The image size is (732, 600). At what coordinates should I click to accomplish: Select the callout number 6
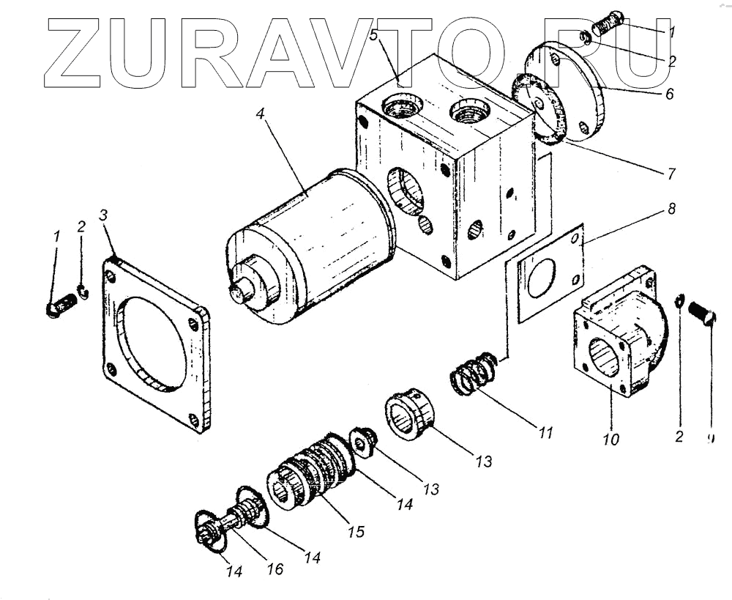pyautogui.click(x=670, y=95)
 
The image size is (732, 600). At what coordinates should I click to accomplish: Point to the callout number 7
pyautogui.click(x=671, y=174)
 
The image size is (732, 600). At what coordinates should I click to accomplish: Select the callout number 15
pyautogui.click(x=356, y=531)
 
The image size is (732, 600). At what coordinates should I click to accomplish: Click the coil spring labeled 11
pyautogui.click(x=472, y=374)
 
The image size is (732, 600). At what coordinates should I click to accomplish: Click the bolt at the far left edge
pyautogui.click(x=61, y=304)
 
